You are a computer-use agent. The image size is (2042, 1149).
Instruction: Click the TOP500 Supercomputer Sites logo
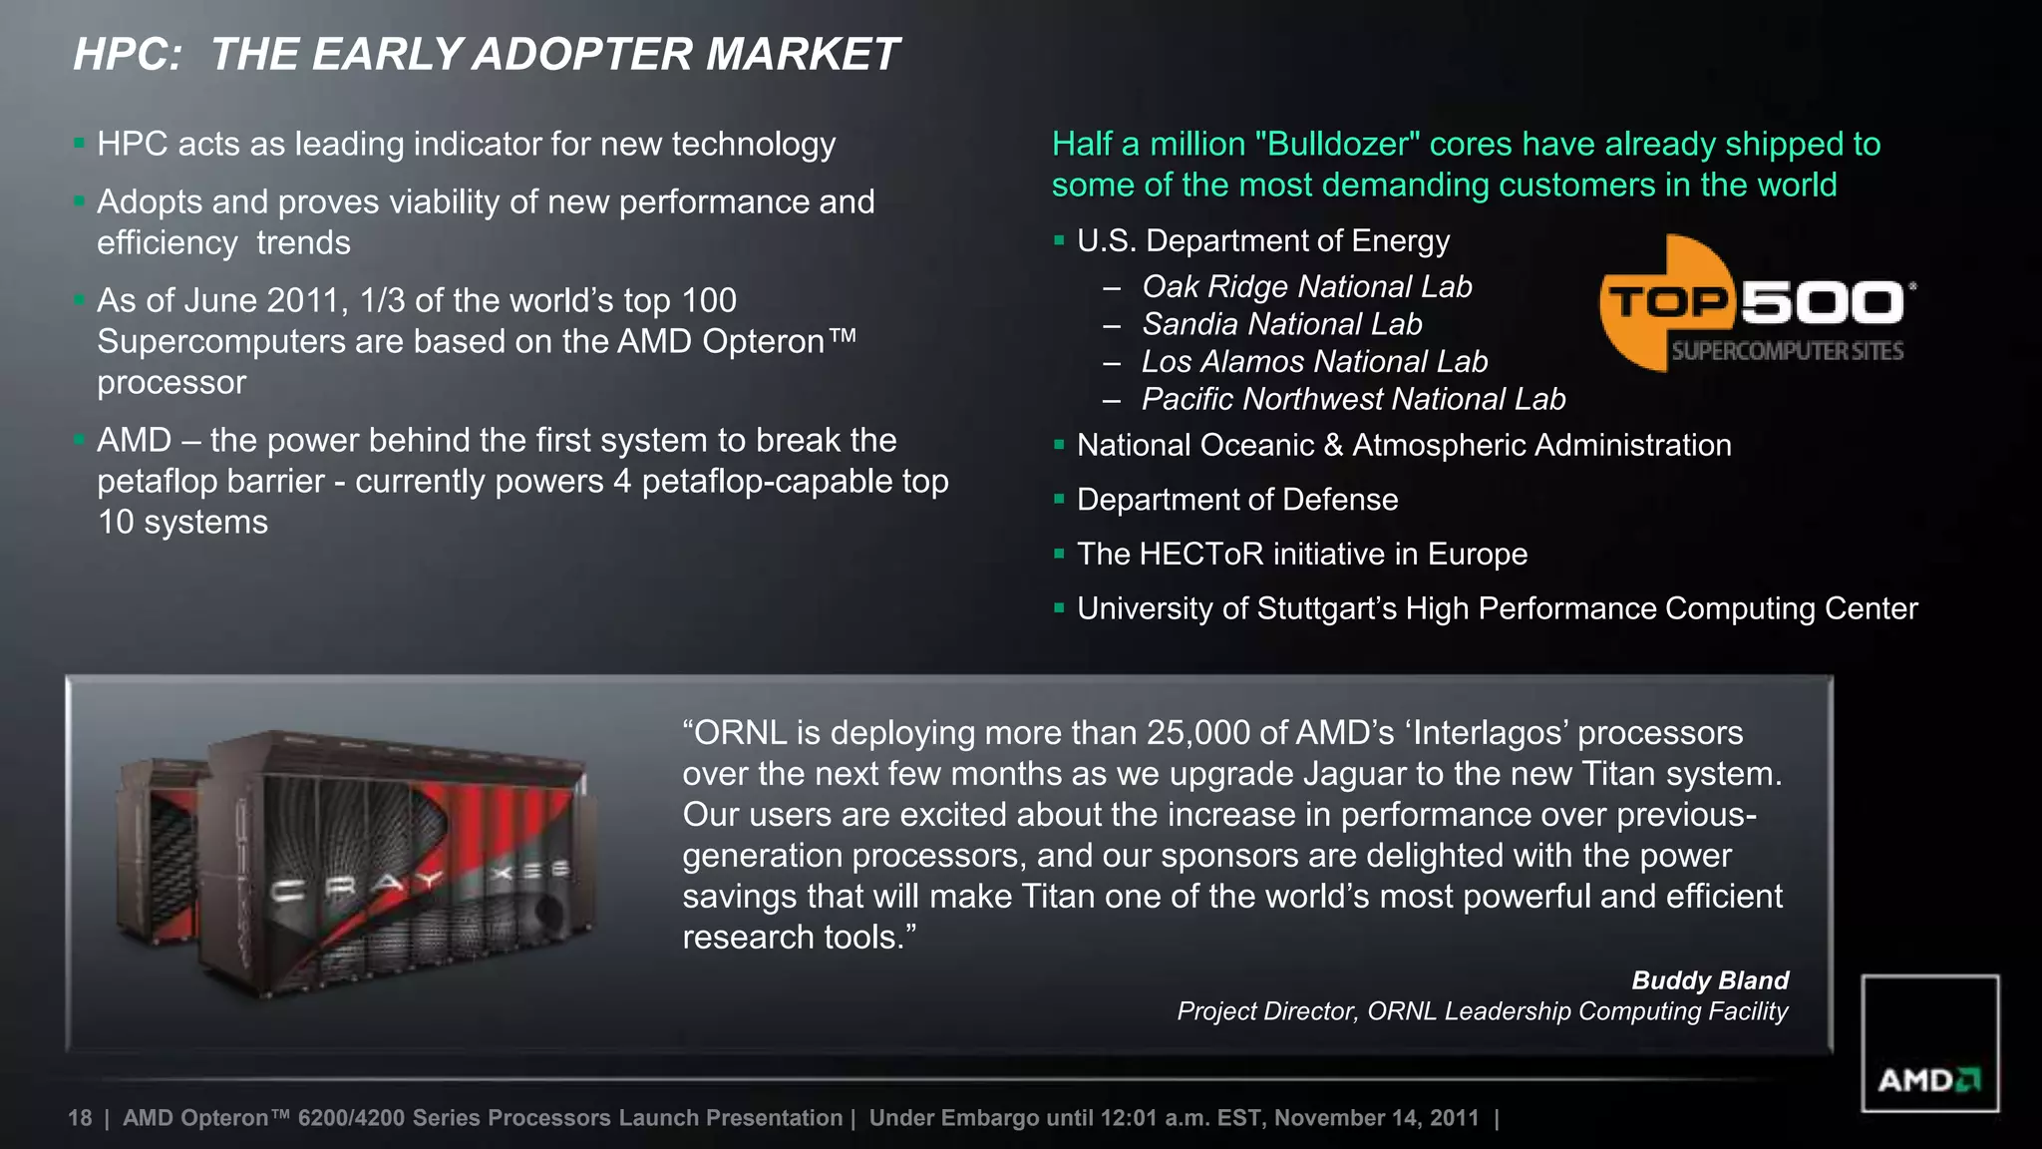tap(1757, 304)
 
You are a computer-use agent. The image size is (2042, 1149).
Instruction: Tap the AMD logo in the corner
tap(1929, 1079)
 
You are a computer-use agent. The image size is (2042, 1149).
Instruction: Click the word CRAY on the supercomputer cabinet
tap(358, 886)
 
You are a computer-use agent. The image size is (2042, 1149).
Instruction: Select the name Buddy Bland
tap(1709, 980)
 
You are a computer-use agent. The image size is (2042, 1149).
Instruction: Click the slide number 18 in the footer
tap(80, 1118)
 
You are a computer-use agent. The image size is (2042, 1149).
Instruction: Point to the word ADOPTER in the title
tap(583, 55)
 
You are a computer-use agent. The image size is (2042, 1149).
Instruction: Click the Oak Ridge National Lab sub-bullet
tap(1306, 287)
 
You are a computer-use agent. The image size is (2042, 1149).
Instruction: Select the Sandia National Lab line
tap(1281, 324)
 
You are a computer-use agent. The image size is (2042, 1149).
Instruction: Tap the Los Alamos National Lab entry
tap(1314, 362)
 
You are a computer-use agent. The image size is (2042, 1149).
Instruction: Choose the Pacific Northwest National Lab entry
tap(1353, 400)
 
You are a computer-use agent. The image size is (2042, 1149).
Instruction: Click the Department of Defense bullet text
tap(1236, 500)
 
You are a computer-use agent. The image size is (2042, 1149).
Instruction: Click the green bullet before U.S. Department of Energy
tap(1059, 240)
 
